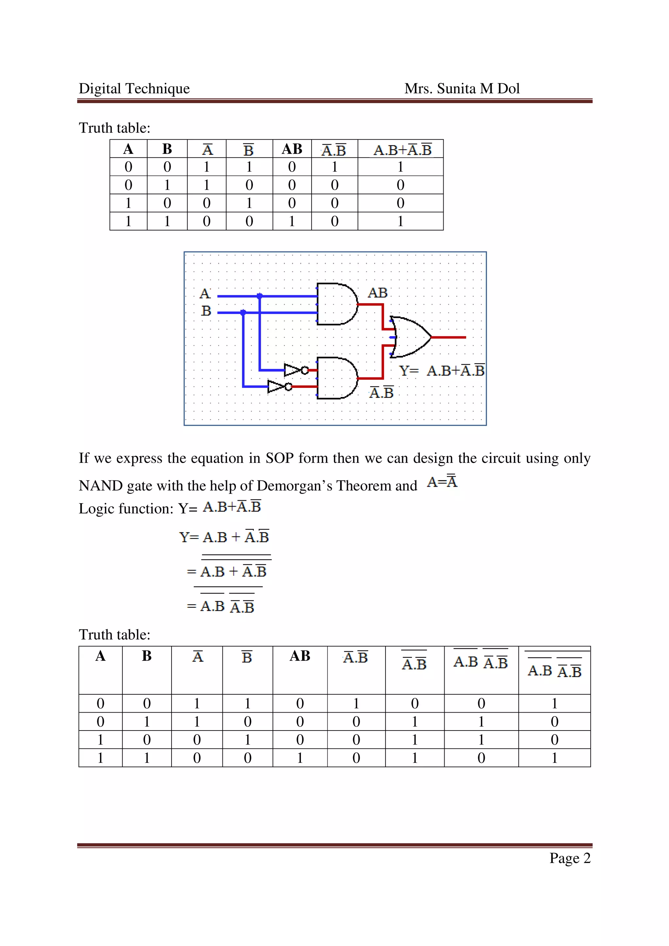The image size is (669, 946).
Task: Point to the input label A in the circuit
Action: tap(205, 294)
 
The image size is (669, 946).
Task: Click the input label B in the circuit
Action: tap(206, 311)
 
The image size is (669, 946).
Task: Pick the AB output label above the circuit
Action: tap(378, 293)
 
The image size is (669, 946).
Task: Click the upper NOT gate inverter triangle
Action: tap(293, 370)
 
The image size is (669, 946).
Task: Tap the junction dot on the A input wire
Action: tap(259, 296)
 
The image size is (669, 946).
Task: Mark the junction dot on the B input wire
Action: tap(243, 312)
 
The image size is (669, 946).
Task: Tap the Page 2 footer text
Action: tap(570, 858)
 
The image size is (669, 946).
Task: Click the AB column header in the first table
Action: tap(292, 149)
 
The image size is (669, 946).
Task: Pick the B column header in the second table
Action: tap(147, 656)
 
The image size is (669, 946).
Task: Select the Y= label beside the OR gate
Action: tap(409, 371)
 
